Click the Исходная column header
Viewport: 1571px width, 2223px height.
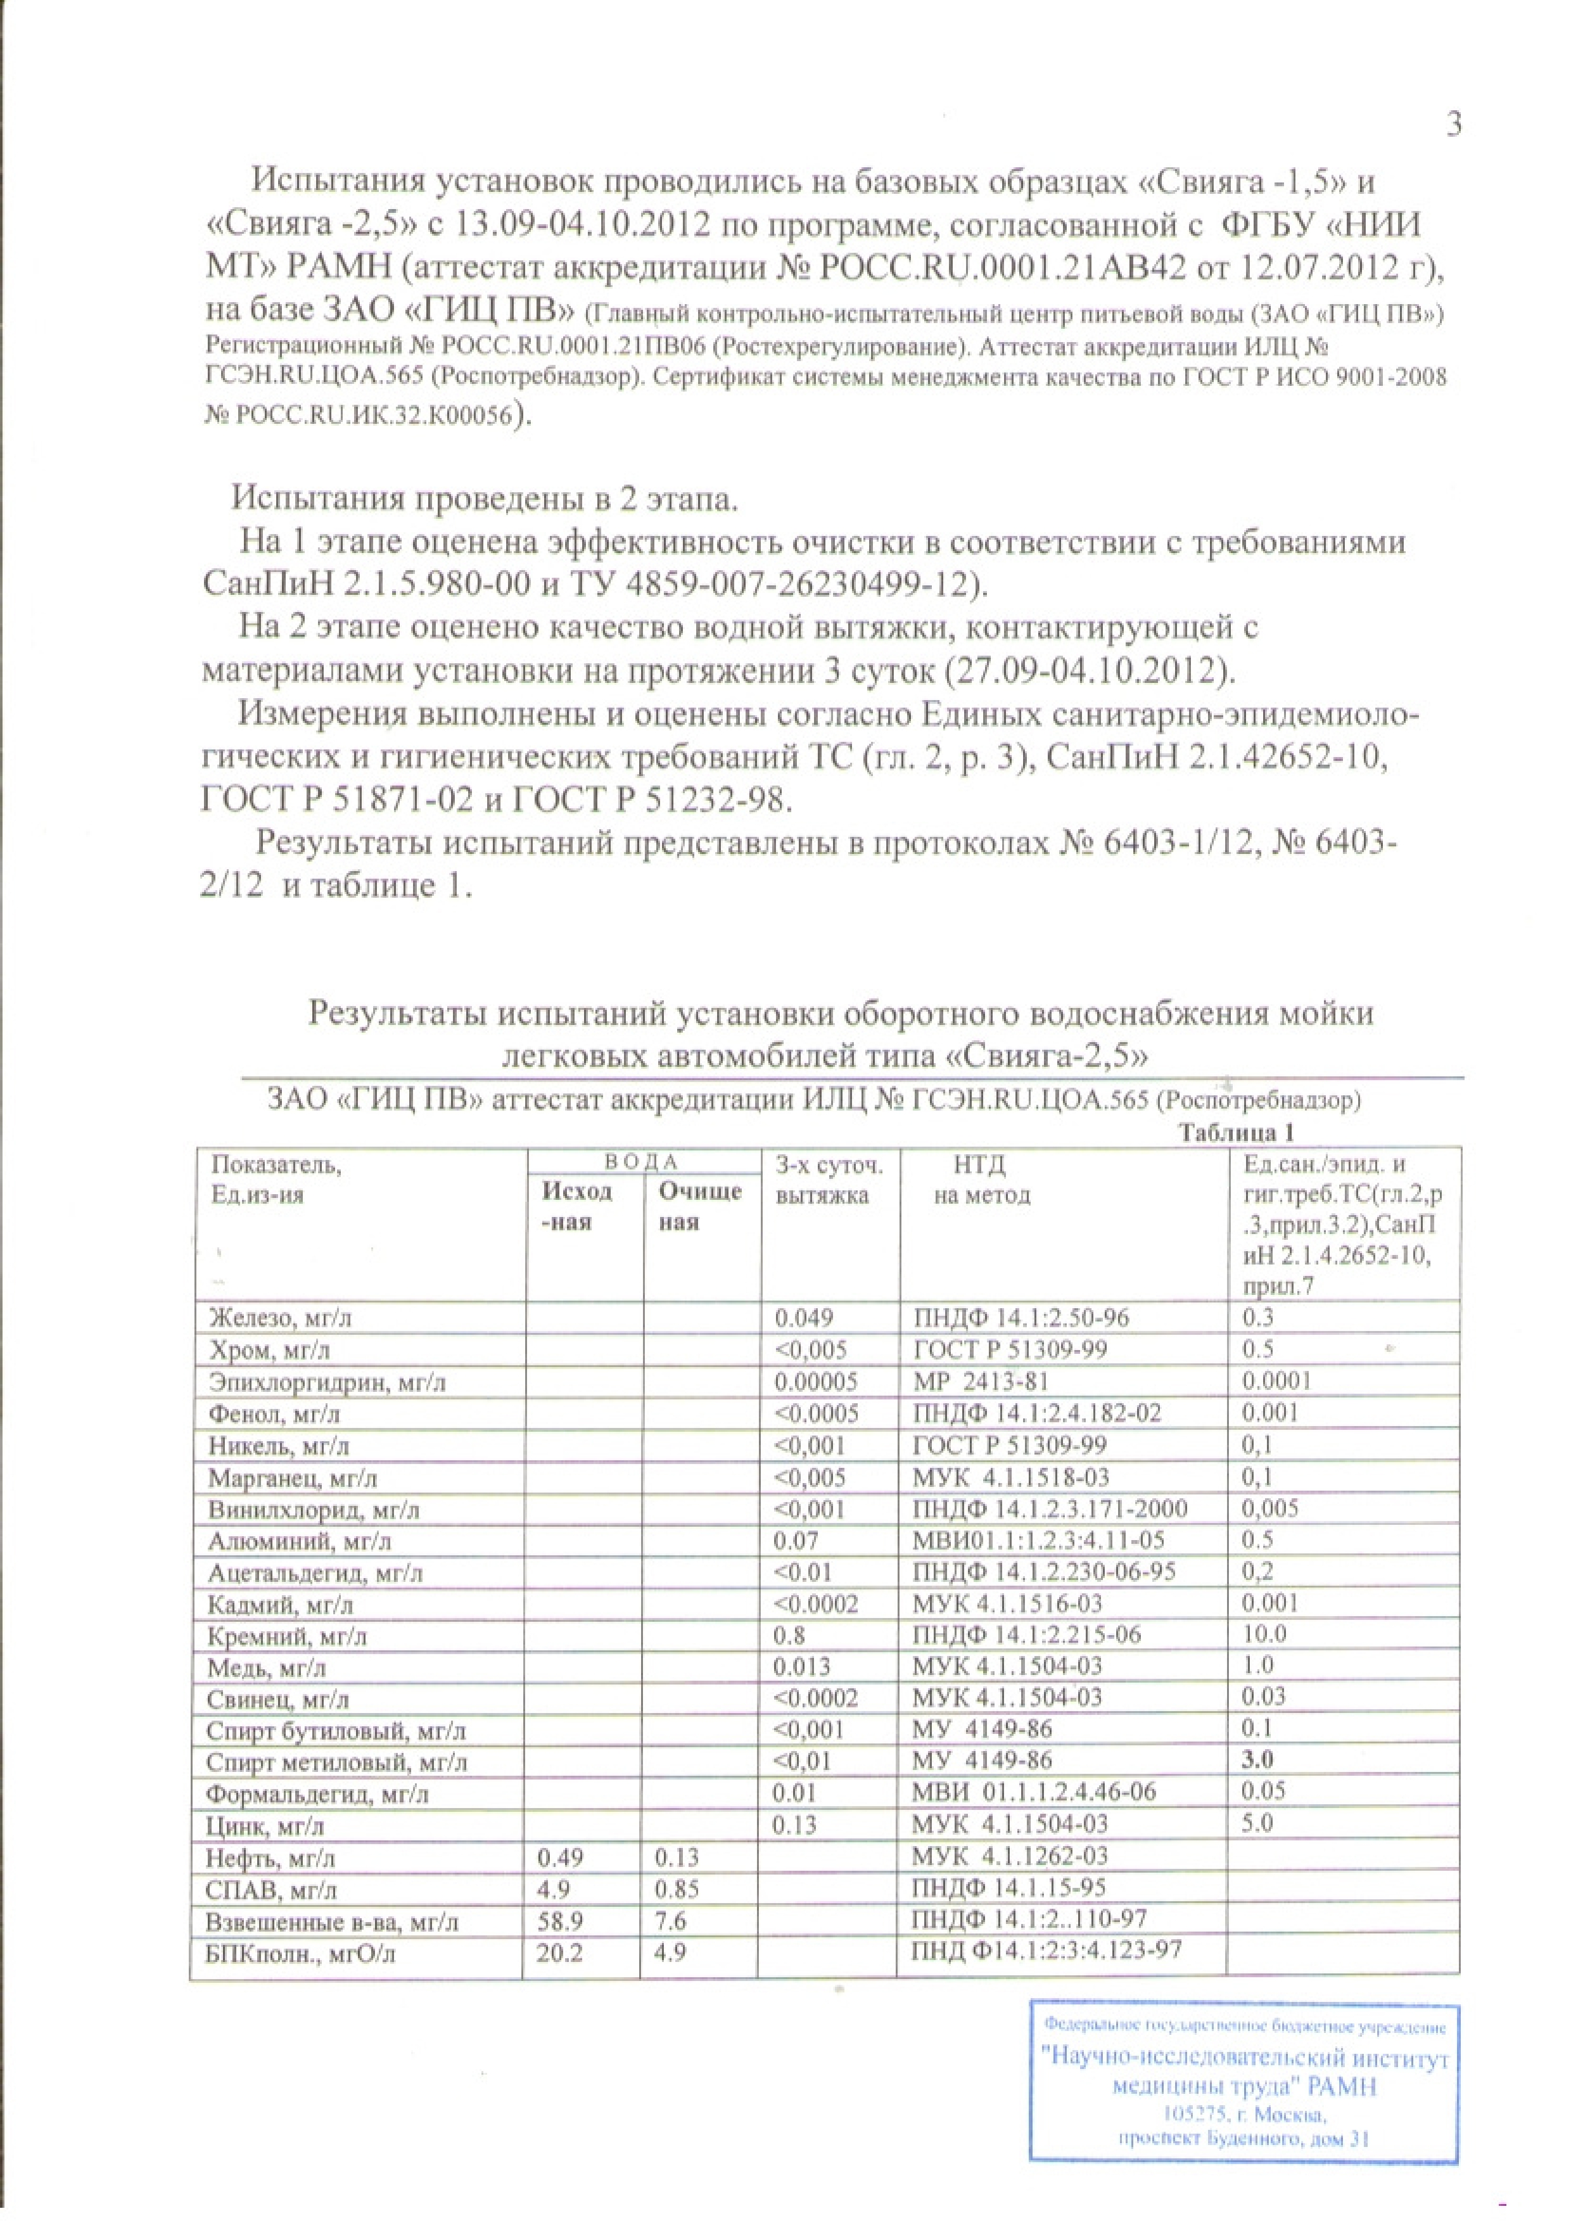point(578,1206)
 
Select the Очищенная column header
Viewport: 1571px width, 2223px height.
point(700,1206)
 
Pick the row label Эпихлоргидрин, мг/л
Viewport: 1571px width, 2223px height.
point(327,1382)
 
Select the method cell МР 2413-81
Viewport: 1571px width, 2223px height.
point(981,1382)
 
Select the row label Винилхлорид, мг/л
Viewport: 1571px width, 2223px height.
point(315,1510)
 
